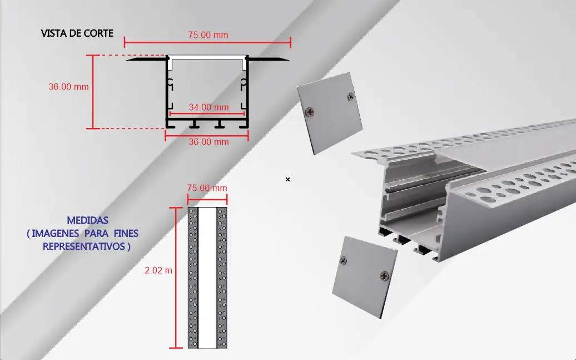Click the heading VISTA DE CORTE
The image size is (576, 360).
click(x=77, y=33)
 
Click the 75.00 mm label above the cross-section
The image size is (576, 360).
click(x=208, y=35)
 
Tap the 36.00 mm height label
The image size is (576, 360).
click(x=69, y=87)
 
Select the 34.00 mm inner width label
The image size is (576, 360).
click(x=208, y=107)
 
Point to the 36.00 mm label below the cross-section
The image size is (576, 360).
click(x=208, y=142)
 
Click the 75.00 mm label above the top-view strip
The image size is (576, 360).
click(x=207, y=188)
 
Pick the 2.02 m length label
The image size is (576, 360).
click(x=158, y=270)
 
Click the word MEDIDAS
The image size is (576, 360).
click(x=87, y=221)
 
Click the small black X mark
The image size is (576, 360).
click(x=287, y=180)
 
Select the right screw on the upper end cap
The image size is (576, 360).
click(x=350, y=97)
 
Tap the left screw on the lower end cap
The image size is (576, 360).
click(x=344, y=260)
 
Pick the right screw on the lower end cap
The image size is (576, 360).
click(x=385, y=275)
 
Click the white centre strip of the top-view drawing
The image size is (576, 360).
click(x=207, y=278)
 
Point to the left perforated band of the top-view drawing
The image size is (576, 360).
click(x=193, y=278)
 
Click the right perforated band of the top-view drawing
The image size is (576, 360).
click(x=222, y=278)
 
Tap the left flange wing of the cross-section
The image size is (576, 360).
click(x=147, y=59)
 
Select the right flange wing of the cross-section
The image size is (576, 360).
click(x=268, y=59)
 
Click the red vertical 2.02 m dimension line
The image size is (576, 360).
click(x=176, y=278)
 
